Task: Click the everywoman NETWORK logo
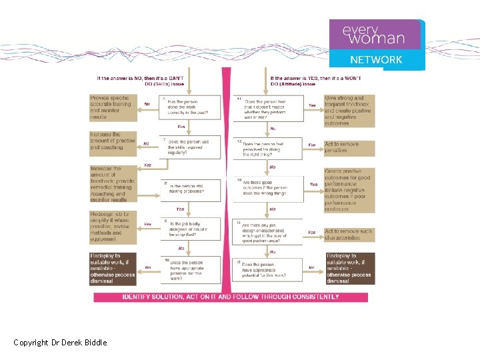(377, 44)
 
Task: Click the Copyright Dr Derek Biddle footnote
(60, 343)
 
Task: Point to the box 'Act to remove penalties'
(349, 147)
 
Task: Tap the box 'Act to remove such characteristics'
(349, 235)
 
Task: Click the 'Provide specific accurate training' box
(113, 107)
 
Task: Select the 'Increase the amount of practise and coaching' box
(113, 143)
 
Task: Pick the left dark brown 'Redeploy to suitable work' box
(113, 268)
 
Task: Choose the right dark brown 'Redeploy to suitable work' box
(349, 268)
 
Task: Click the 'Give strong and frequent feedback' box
(349, 110)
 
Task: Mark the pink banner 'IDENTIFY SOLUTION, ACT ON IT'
(230, 297)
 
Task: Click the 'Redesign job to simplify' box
(113, 227)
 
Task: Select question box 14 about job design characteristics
(267, 231)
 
